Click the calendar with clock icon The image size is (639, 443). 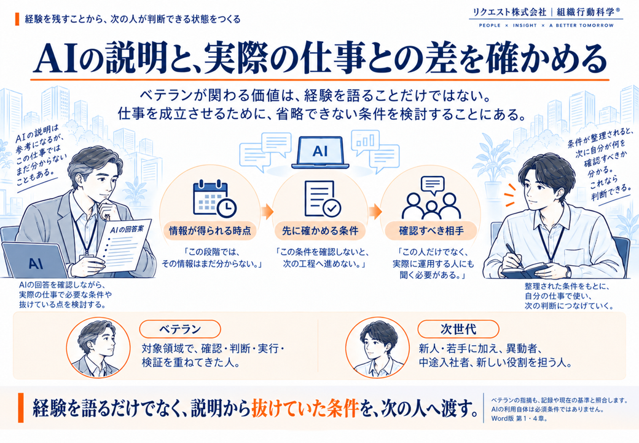tap(214, 198)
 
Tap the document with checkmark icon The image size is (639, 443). tap(323, 198)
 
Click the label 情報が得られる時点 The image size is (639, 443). tap(210, 231)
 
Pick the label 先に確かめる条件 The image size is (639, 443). tap(320, 231)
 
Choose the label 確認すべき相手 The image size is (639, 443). tap(431, 231)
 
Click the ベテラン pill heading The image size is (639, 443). tap(180, 329)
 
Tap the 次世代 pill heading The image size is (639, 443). tap(458, 329)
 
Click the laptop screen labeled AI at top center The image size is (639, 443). tap(320, 151)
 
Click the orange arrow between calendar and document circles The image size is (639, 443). tap(267, 212)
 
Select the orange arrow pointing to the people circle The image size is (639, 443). tap(375, 212)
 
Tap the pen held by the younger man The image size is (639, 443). tap(514, 255)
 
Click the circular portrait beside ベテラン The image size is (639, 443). tap(98, 348)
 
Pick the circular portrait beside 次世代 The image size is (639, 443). tap(377, 348)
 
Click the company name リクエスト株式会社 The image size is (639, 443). tap(509, 12)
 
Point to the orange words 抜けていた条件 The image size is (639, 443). tap(305, 408)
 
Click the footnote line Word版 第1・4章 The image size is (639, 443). tap(519, 418)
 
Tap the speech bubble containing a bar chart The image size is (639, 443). tap(366, 142)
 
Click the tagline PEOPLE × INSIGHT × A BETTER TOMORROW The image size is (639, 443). tap(546, 25)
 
